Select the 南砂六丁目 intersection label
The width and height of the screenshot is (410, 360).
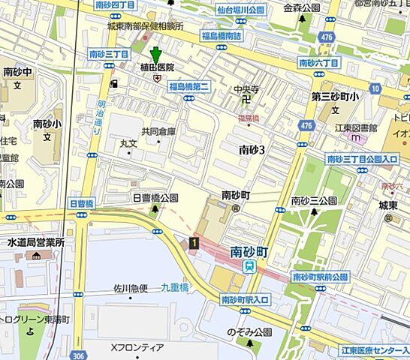pos(318,62)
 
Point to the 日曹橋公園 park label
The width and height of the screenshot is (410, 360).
pos(155,198)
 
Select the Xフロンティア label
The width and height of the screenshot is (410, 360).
pos(137,347)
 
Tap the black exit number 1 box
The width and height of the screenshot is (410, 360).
pos(194,242)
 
